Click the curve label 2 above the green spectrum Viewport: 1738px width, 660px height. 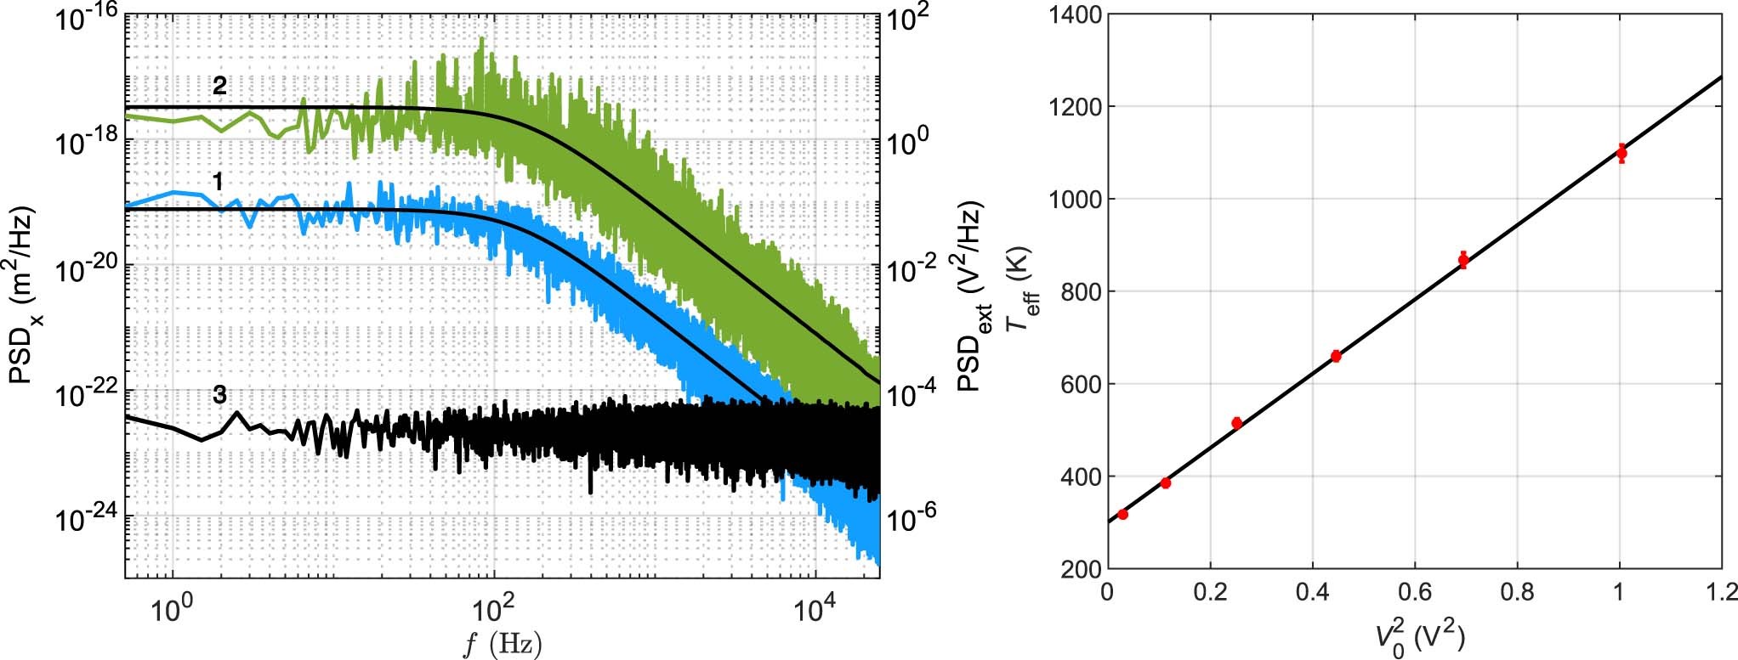[x=219, y=86]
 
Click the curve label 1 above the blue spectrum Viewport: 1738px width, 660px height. [x=219, y=182]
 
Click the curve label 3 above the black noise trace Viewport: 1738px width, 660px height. [x=219, y=395]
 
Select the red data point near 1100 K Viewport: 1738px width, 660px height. [x=1622, y=153]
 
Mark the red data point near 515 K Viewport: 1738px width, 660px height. [x=1237, y=423]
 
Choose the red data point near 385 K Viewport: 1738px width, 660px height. [x=1166, y=483]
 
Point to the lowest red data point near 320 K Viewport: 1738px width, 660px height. [x=1123, y=515]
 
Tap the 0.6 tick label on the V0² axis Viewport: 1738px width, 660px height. [x=1414, y=591]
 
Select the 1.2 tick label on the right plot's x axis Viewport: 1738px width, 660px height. [x=1719, y=591]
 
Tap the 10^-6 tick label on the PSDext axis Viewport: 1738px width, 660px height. [x=911, y=518]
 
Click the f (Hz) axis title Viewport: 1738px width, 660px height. [x=502, y=644]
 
